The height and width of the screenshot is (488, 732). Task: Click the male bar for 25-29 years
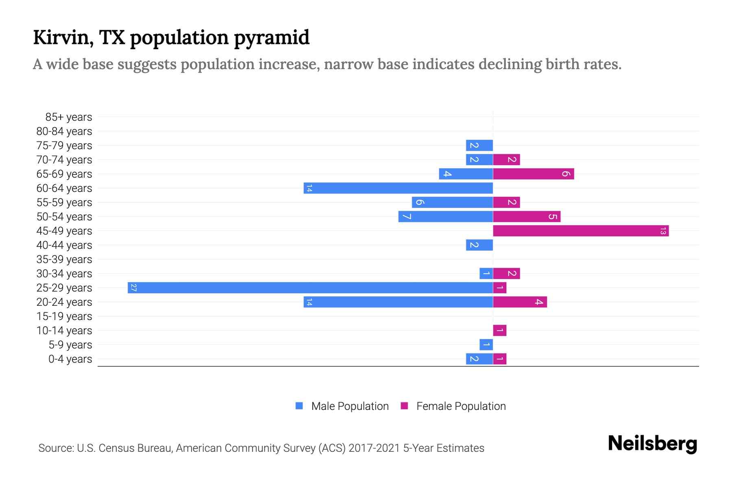[x=310, y=288]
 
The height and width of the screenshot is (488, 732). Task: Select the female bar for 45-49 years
[x=581, y=231]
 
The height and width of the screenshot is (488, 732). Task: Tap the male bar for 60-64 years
[x=398, y=188]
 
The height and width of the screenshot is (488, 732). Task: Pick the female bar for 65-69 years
[x=533, y=174]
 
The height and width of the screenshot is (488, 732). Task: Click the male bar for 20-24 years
[x=398, y=302]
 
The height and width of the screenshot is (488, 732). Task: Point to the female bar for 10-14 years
[x=499, y=331]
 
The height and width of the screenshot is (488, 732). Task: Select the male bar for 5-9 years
[x=486, y=345]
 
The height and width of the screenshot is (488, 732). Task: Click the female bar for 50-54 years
[x=527, y=217]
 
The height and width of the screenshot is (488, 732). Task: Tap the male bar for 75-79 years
[x=479, y=146]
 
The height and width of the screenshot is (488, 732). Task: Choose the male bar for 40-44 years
[x=479, y=245]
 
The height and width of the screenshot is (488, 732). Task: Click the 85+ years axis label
[x=68, y=117]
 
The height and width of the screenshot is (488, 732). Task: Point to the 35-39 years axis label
[x=64, y=259]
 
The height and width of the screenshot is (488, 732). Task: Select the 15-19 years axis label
[x=64, y=316]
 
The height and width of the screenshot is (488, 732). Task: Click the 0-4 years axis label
[x=70, y=359]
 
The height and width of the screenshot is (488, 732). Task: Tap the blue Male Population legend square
[x=299, y=406]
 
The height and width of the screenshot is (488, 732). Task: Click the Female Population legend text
[x=461, y=406]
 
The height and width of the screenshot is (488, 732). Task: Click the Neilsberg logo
[x=652, y=444]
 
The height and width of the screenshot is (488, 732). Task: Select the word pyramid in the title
[x=272, y=38]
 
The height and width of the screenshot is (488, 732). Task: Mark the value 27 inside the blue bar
[x=133, y=288]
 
